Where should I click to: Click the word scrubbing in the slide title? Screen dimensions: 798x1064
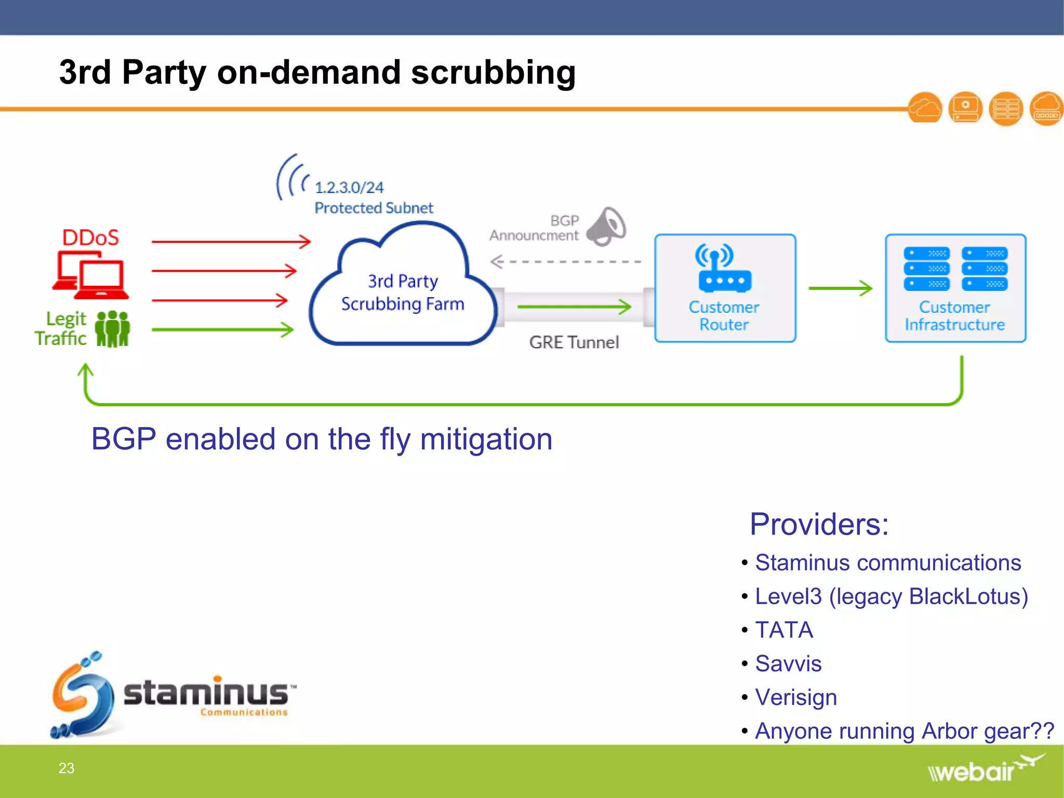493,73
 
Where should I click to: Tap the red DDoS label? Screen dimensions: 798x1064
90,238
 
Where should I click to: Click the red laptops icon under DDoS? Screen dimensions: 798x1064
91,275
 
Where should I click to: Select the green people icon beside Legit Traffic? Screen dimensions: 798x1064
113,329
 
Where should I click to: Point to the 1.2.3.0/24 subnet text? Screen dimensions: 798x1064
349,188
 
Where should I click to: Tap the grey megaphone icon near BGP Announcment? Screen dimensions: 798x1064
606,227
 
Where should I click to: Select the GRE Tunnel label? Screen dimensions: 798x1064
574,342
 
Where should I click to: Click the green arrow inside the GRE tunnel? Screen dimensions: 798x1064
574,307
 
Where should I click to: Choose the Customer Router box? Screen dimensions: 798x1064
725,288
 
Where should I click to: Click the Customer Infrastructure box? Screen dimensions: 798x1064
955,288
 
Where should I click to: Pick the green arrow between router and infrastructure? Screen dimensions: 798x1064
840,288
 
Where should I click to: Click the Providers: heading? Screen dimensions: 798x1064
819,524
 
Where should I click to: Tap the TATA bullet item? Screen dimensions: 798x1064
783,630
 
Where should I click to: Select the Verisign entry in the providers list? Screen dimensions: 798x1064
795,698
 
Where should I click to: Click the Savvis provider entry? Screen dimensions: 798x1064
788,664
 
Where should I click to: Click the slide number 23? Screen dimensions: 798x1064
66,768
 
